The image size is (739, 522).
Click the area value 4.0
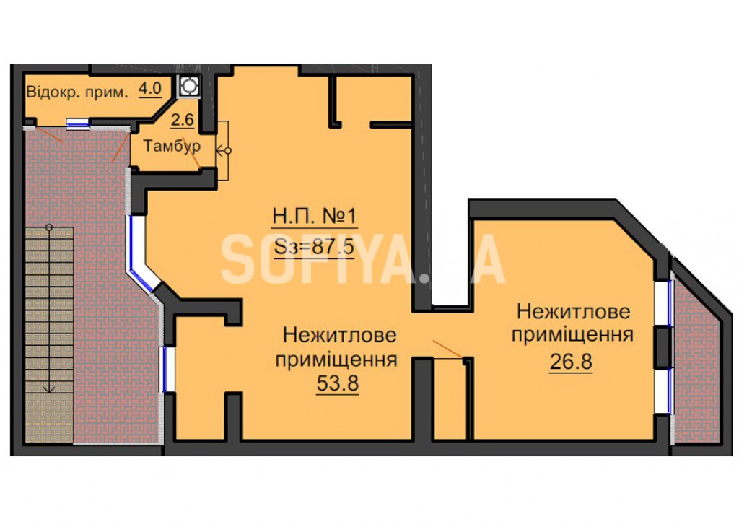(150, 89)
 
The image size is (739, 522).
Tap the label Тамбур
(172, 146)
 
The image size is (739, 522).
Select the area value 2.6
(183, 120)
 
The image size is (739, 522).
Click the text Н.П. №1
(315, 217)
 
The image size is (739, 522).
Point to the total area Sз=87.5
(314, 246)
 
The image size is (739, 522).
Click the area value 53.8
(338, 383)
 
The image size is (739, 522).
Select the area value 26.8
(571, 362)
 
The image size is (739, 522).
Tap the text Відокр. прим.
(77, 92)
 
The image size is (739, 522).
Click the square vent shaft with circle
(189, 87)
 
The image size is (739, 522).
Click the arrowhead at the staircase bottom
(49, 389)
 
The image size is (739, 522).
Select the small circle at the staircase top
(49, 227)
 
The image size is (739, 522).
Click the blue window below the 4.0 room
(77, 123)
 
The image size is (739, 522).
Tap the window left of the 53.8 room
(168, 369)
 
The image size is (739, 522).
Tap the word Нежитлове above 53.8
(339, 336)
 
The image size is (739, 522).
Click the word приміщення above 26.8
(572, 335)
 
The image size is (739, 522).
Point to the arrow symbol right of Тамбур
(224, 152)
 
